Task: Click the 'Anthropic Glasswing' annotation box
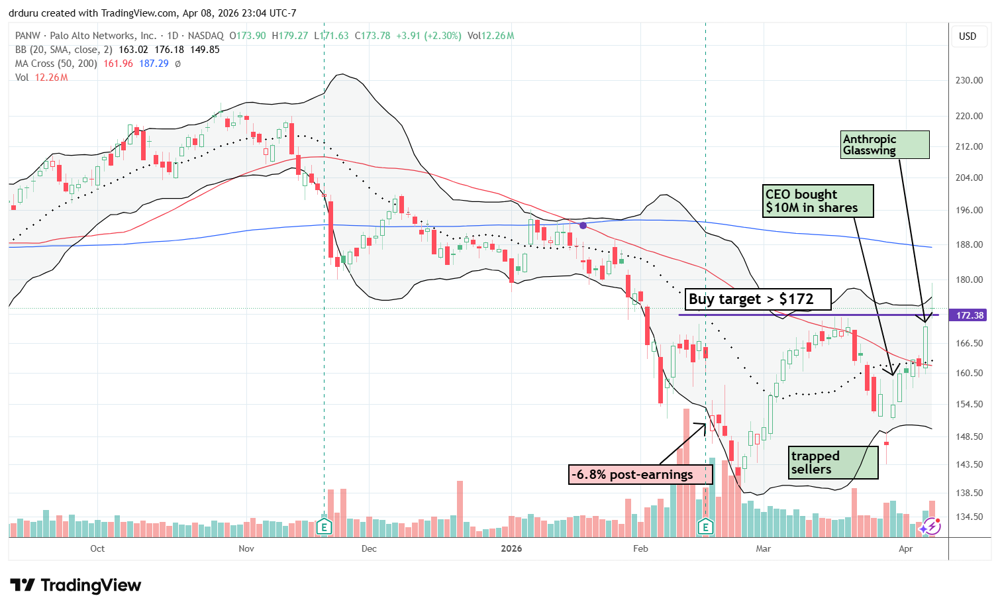click(885, 144)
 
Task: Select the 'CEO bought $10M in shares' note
click(817, 201)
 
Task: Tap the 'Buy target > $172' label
click(758, 299)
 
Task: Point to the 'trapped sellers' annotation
click(833, 462)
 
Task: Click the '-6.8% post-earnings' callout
click(640, 474)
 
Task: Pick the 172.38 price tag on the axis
click(970, 315)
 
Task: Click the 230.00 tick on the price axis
click(969, 80)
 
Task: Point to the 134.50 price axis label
click(969, 517)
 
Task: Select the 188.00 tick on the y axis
click(969, 244)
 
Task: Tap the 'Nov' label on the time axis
click(246, 548)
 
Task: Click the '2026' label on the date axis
click(511, 548)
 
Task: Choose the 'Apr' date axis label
click(906, 548)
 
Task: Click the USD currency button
click(968, 36)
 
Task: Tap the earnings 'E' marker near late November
click(324, 527)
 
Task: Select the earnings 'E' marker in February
click(705, 527)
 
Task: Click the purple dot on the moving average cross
click(583, 226)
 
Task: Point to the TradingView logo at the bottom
click(76, 585)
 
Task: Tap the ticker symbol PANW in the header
click(28, 36)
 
